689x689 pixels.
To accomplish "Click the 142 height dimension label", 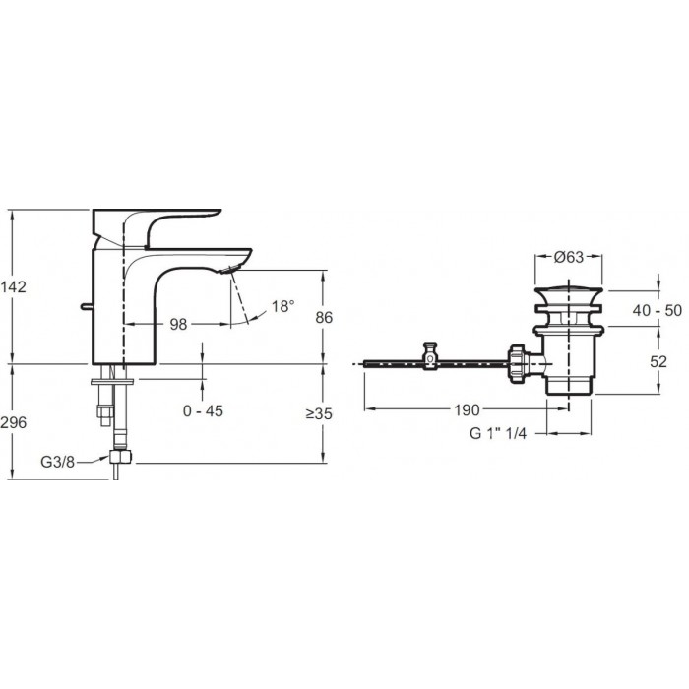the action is [13, 287].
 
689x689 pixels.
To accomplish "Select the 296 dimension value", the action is [13, 422].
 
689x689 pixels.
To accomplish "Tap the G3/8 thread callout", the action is [57, 462].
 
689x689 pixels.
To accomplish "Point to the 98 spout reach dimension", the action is [178, 324].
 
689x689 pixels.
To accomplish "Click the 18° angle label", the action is [282, 306].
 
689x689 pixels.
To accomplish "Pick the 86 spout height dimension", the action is [324, 317].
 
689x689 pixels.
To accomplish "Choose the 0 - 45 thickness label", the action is [203, 410].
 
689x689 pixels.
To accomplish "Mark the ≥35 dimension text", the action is [320, 413].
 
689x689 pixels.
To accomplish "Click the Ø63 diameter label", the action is [569, 257].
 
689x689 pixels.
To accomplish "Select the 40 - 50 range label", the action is [658, 310].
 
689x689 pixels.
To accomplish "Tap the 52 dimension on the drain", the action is [658, 361].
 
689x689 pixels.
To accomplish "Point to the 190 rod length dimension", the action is [467, 410].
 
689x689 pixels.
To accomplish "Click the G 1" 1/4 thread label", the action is [498, 433].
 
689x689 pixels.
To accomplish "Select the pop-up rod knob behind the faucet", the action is [87, 306].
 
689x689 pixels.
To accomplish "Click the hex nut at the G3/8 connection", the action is [120, 457].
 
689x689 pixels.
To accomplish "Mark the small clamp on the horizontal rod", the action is [431, 356].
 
